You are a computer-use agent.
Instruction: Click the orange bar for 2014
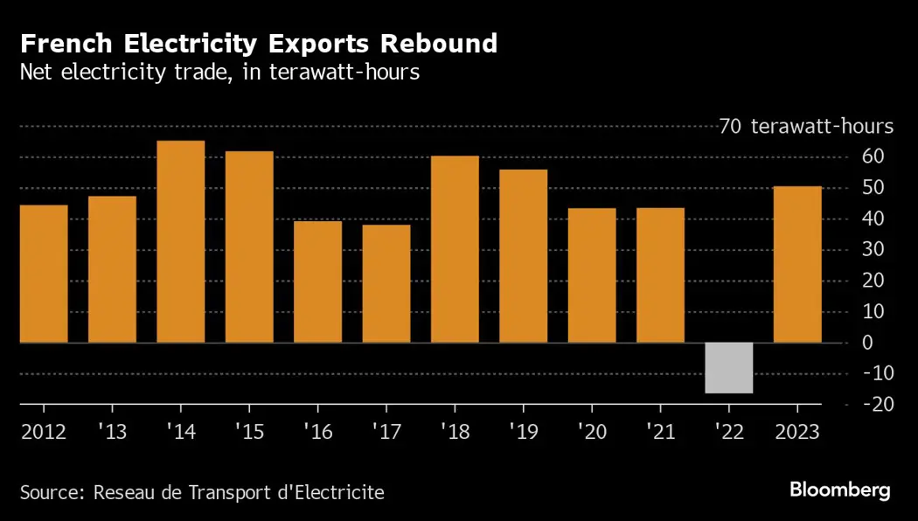[x=181, y=241]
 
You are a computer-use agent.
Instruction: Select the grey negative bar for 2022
[x=729, y=368]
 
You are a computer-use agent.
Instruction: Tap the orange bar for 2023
[x=797, y=264]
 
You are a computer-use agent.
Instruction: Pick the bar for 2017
[x=386, y=283]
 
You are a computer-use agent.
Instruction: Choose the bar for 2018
[x=455, y=249]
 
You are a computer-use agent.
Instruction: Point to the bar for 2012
[x=44, y=274]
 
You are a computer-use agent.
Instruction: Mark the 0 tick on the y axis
[x=867, y=343]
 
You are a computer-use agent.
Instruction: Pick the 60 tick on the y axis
[x=873, y=156]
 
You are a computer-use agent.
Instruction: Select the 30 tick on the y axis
[x=873, y=249]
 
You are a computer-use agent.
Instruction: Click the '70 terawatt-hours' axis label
[x=806, y=127]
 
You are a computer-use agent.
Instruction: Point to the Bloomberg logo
[x=839, y=490]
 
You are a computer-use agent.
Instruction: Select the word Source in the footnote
[x=49, y=492]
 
